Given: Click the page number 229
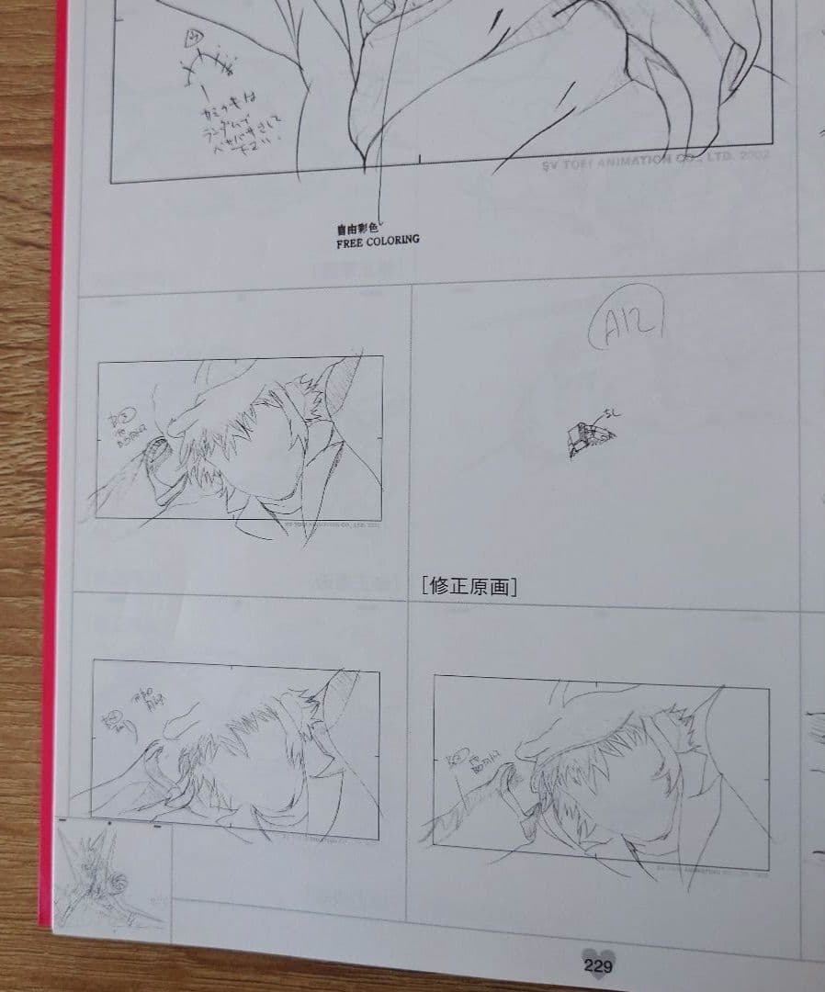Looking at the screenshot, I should coord(597,965).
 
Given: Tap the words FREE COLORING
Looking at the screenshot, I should coord(378,241).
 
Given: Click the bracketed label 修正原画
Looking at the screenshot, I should coord(468,586).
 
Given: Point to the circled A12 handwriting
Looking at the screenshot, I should coord(633,326).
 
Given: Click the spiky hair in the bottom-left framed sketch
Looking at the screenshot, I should coord(239,735).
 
